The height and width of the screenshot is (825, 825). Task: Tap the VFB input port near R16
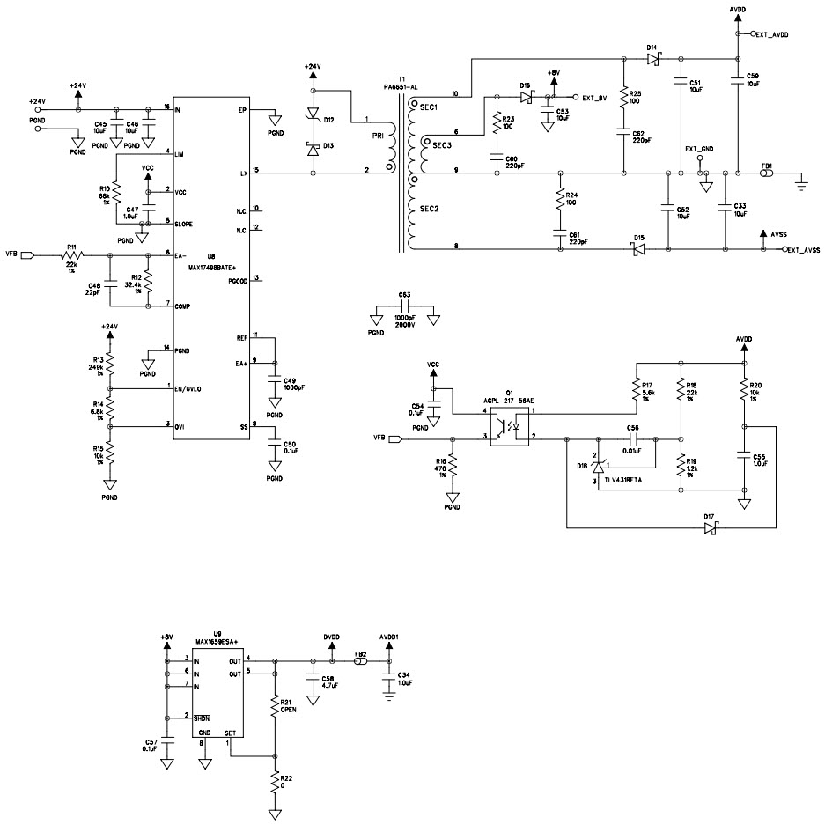click(x=394, y=438)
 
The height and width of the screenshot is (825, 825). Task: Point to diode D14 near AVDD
click(x=652, y=59)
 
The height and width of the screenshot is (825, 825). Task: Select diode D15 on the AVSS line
click(x=639, y=250)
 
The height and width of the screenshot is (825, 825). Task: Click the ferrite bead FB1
click(x=768, y=174)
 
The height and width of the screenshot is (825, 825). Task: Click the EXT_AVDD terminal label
click(x=772, y=34)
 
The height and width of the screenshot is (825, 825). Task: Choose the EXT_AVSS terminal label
click(x=803, y=250)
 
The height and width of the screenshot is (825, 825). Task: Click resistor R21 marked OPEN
click(x=276, y=706)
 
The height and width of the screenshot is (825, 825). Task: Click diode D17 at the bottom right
click(x=711, y=527)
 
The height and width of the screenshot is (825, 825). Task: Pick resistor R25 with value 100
click(x=623, y=96)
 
